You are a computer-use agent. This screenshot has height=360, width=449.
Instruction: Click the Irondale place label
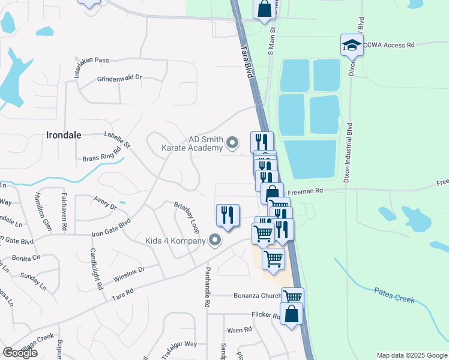click(x=64, y=135)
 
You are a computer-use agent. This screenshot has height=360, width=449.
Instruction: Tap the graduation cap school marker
click(x=352, y=44)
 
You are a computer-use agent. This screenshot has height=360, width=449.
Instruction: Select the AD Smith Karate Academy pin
click(x=233, y=143)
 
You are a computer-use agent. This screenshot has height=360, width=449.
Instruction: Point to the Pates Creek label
click(x=394, y=295)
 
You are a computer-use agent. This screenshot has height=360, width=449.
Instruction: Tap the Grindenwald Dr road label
click(x=119, y=78)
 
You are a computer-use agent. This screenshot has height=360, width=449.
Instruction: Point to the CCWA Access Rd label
click(x=394, y=45)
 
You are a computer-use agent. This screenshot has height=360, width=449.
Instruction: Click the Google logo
click(x=20, y=353)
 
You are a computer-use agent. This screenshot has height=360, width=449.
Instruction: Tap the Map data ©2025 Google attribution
click(x=411, y=355)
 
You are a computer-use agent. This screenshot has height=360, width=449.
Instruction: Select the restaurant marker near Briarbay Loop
click(x=228, y=215)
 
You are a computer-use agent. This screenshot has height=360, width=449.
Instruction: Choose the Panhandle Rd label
click(x=208, y=287)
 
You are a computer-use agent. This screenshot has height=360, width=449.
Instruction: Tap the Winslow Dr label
click(x=129, y=275)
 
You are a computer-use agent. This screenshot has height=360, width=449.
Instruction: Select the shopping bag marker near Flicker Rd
click(x=292, y=314)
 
